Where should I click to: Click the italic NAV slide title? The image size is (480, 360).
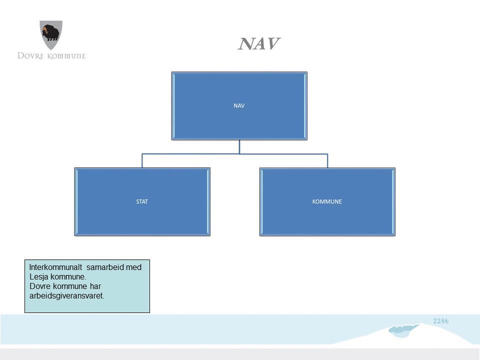click(259, 44)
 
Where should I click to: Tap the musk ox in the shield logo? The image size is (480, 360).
click(51, 33)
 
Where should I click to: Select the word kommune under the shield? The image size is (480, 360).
click(66, 56)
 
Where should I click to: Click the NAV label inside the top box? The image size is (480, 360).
click(239, 105)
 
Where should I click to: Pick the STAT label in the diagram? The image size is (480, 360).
click(142, 201)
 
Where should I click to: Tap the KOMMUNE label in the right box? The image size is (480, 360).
click(327, 201)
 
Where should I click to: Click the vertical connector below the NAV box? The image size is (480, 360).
click(239, 147)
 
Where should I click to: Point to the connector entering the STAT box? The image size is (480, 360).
click(142, 160)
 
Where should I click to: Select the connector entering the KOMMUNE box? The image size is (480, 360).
click(327, 160)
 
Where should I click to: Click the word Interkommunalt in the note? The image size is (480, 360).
click(55, 267)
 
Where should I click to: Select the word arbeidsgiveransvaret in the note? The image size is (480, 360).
click(66, 296)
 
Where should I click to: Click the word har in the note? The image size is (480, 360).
click(95, 286)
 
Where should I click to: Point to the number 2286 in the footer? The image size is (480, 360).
click(441, 321)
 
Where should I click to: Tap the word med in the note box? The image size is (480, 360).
click(133, 267)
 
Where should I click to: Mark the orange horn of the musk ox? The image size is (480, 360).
click(44, 30)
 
